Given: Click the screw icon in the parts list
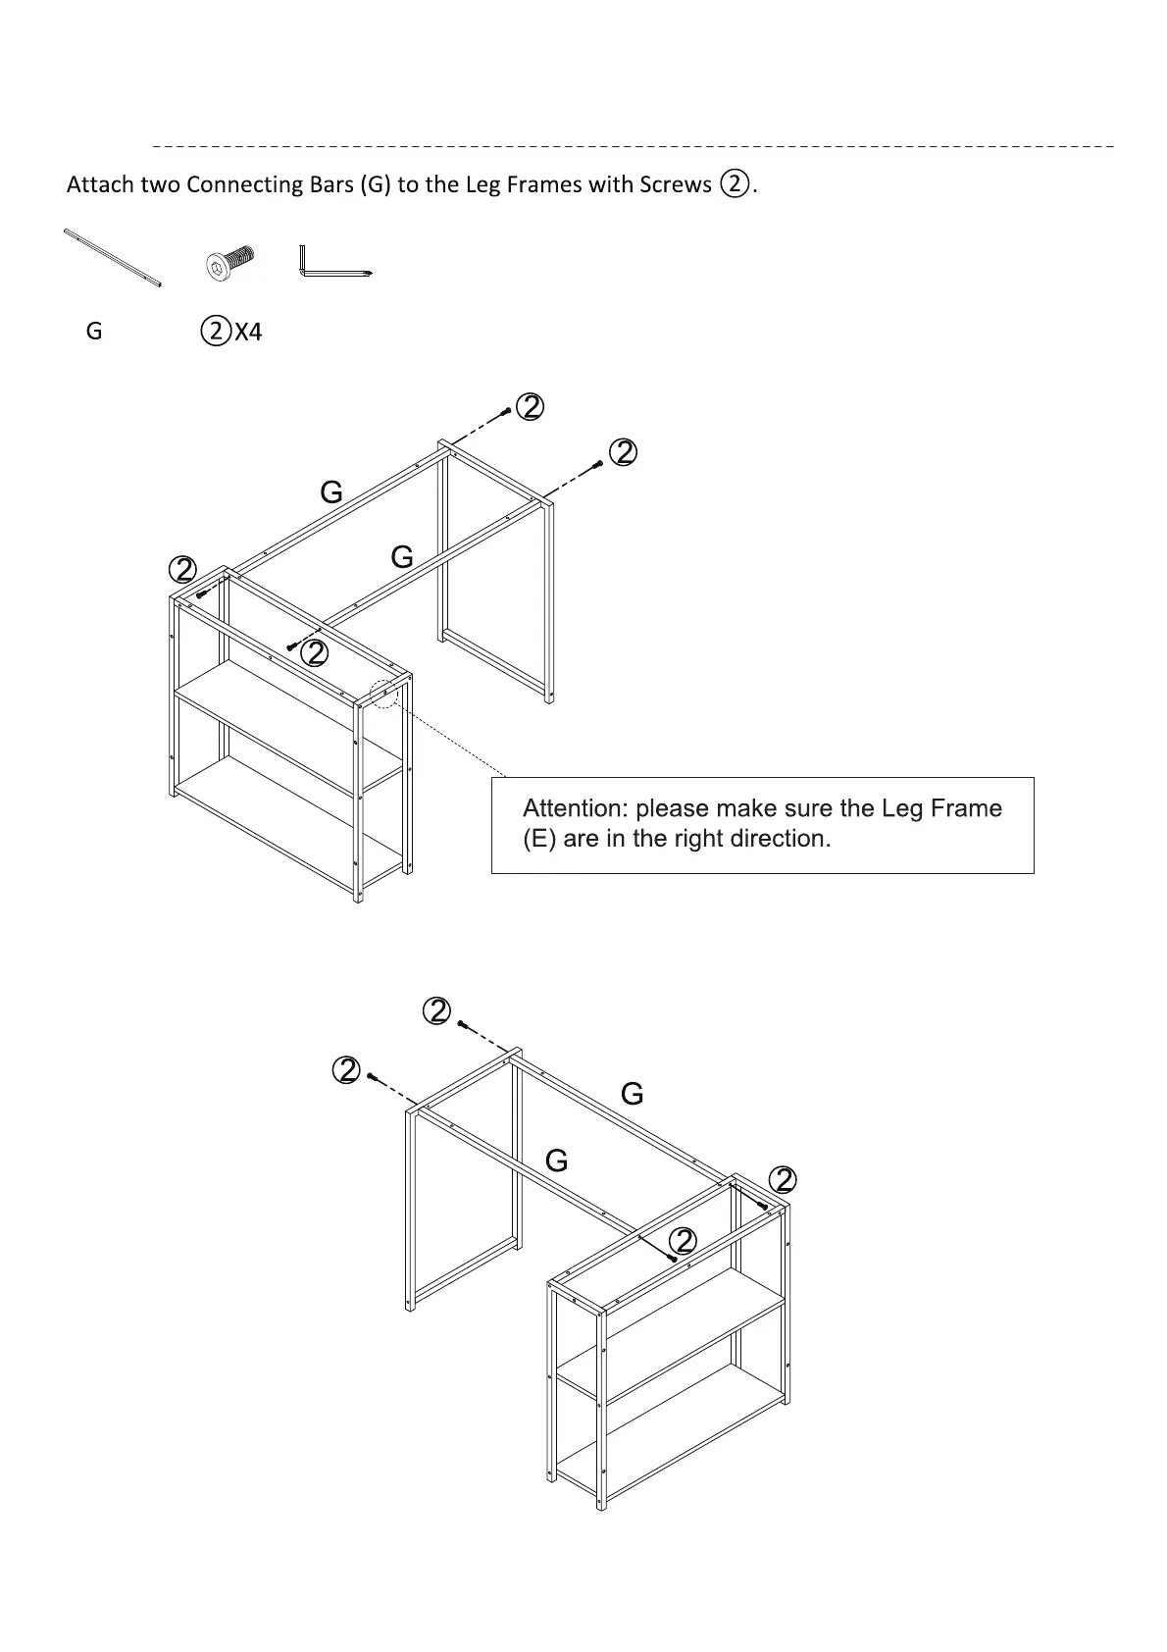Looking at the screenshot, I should (x=230, y=264).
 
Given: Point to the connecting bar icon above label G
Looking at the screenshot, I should (x=112, y=258).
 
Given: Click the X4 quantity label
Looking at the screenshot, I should (x=249, y=333).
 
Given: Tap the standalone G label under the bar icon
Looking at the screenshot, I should (x=94, y=332).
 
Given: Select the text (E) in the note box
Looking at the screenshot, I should (x=539, y=839).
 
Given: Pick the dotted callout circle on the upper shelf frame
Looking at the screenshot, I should (x=385, y=692).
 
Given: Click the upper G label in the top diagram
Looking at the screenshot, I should (x=331, y=492).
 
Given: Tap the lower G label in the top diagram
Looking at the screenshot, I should (x=402, y=557).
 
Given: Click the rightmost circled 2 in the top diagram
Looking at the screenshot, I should (x=624, y=452).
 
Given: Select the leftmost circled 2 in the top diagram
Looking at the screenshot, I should (x=182, y=569).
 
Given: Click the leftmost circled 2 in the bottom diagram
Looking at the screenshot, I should (x=346, y=1070).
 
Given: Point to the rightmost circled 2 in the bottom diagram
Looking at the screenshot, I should (x=783, y=1179).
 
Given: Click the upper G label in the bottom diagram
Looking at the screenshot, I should (x=633, y=1094).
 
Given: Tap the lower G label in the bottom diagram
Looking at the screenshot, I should (x=556, y=1162).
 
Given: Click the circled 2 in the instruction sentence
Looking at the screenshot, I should (x=736, y=183).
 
